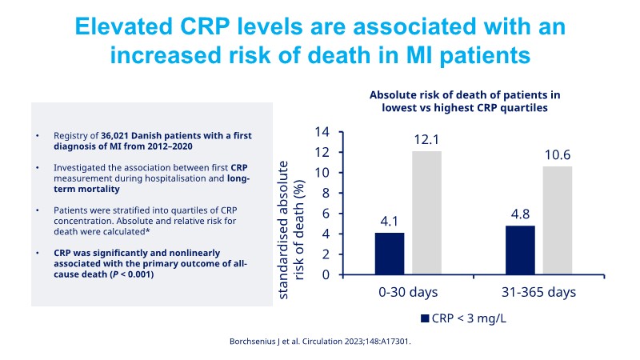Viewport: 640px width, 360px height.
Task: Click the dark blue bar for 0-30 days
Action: click(x=390, y=254)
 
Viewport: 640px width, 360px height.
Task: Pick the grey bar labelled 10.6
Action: click(x=558, y=220)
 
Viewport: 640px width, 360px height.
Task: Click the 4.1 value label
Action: click(x=390, y=220)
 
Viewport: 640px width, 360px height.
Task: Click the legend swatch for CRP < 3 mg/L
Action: click(x=425, y=318)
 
